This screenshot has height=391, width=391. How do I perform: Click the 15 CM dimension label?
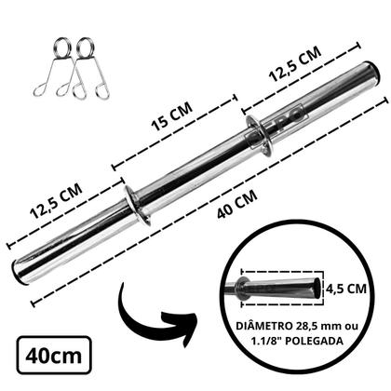166,130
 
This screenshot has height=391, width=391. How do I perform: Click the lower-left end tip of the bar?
20,273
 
